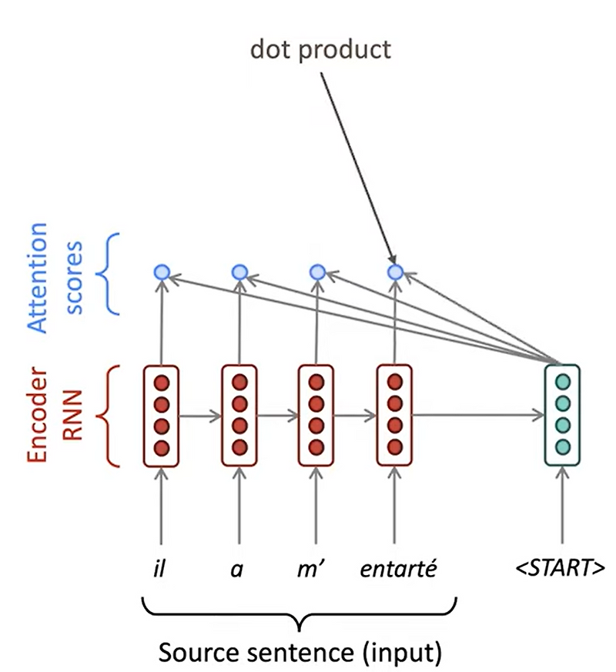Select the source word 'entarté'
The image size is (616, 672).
pos(398,570)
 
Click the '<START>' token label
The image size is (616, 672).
pos(561,570)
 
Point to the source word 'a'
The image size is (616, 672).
pos(239,570)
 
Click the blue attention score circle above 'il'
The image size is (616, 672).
pos(161,272)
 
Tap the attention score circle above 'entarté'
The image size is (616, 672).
pos(395,272)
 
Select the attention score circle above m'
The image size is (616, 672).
pos(316,272)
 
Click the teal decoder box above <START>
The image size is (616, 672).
pos(562,415)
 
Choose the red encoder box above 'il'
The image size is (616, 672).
pos(161,415)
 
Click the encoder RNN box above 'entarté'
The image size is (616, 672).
pos(395,415)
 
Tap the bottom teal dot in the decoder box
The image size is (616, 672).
pos(562,447)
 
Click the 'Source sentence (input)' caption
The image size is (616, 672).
pos(300,652)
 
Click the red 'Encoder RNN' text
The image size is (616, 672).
pos(54,416)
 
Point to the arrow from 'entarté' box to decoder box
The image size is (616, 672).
pos(477,416)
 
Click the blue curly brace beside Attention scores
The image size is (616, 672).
pos(110,275)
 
